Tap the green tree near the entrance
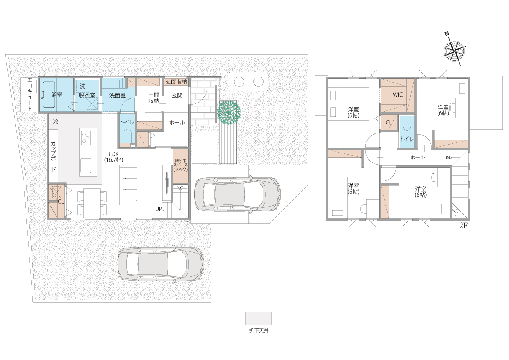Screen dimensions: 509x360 (x=229, y=112)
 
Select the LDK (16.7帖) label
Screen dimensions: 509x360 (x=114, y=157)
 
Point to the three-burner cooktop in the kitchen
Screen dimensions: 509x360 (x=86, y=137)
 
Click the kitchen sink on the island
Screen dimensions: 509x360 (x=86, y=165)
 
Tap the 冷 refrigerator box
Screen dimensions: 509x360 (x=56, y=121)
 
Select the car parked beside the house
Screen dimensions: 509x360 (x=237, y=194)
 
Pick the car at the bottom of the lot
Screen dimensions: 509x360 (x=161, y=264)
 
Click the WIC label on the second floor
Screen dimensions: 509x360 (x=397, y=95)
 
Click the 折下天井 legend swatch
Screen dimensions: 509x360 (x=259, y=319)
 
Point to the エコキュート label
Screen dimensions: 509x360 (x=29, y=94)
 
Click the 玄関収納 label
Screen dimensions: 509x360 (x=177, y=82)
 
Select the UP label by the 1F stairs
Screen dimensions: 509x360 (x=159, y=209)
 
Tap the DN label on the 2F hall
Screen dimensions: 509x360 (x=447, y=158)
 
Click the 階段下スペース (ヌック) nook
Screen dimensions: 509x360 (x=180, y=165)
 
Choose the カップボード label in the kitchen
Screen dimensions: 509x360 (x=53, y=156)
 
